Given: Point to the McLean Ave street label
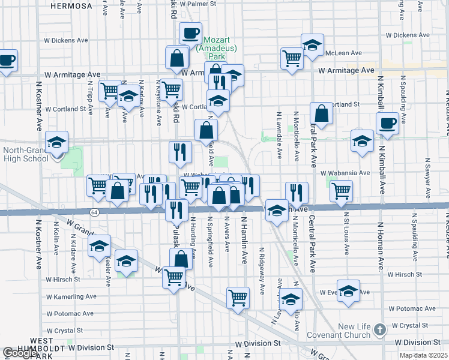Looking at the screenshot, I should click(343, 53).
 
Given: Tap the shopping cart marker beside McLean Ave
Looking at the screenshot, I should click(292, 59).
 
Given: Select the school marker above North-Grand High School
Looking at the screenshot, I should click(56, 143).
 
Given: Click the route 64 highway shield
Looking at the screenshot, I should click(94, 212).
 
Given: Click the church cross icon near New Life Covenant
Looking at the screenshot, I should click(379, 329).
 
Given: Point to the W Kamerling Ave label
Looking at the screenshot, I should click(71, 296).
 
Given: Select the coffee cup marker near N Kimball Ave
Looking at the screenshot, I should click(387, 123).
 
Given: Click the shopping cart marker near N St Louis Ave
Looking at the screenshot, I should click(341, 191).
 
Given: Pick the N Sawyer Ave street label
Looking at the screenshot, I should click(427, 178).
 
